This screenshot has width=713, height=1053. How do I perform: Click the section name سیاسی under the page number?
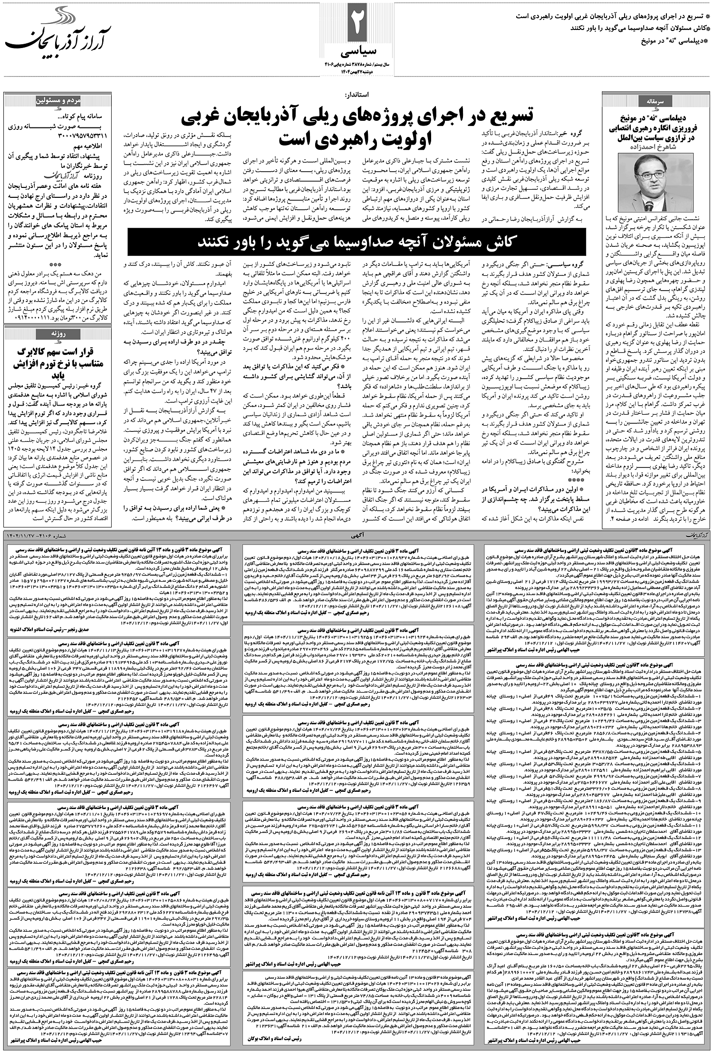357,51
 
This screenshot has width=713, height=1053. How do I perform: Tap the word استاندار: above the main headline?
359,95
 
